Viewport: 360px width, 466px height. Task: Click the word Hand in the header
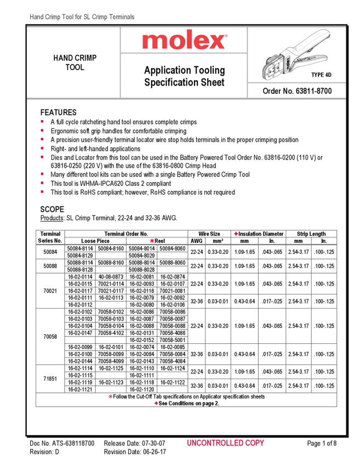pyautogui.click(x=36, y=18)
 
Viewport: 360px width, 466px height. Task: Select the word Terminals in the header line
pyautogui.click(x=121, y=18)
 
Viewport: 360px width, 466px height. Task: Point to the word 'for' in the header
pyautogui.click(x=80, y=18)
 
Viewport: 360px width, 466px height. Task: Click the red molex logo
pyautogui.click(x=185, y=40)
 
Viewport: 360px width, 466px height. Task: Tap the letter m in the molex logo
pyautogui.click(x=156, y=41)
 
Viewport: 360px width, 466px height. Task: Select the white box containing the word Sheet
pyautogui.click(x=215, y=82)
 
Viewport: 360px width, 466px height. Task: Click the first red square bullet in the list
pyautogui.click(x=42, y=121)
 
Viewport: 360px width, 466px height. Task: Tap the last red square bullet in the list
pyautogui.click(x=42, y=191)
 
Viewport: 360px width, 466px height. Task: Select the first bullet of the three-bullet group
pyautogui.click(x=42, y=174)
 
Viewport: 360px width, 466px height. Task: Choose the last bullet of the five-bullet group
pyautogui.click(x=42, y=157)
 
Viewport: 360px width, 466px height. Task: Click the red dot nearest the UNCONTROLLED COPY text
pyautogui.click(x=156, y=403)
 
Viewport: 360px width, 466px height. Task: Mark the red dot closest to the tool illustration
pyautogui.click(x=236, y=234)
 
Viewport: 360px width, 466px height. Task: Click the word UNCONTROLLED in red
pyautogui.click(x=215, y=443)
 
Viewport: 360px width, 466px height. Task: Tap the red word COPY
pyautogui.click(x=255, y=443)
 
